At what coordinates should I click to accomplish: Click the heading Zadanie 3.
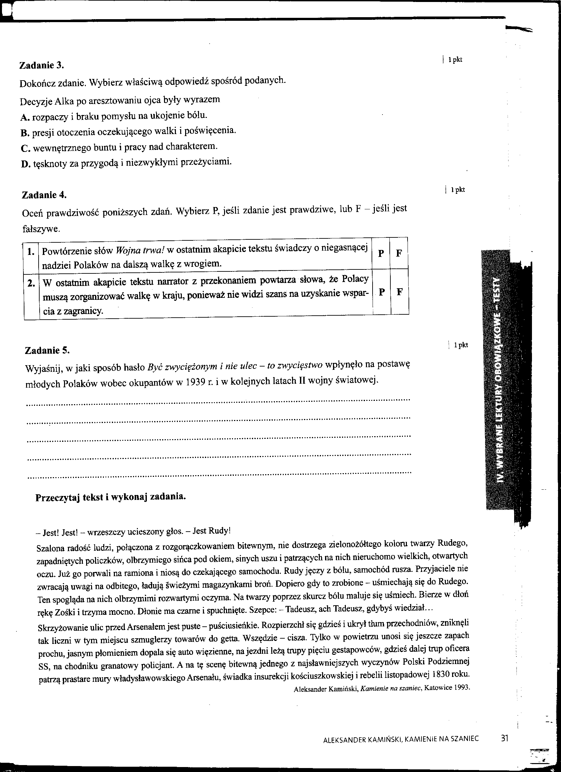pos(42,65)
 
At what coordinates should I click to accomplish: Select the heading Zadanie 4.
pos(44,195)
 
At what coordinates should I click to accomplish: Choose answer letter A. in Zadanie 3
pos(24,117)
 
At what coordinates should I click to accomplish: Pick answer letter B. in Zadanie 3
pos(24,132)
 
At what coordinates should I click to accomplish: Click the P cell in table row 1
pos(381,253)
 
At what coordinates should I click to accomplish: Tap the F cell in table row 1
pos(399,253)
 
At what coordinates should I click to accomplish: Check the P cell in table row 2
pos(382,292)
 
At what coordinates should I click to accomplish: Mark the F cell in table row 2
pos(400,292)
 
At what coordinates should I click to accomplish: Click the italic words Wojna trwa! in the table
pos(140,251)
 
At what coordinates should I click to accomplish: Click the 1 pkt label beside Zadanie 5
pos(461,345)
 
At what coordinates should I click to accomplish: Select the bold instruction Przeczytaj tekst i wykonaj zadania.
pos(111,497)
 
